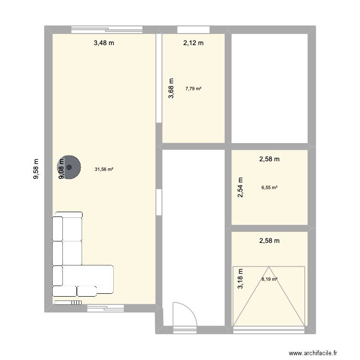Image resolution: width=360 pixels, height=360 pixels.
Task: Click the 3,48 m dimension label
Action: [x=104, y=43]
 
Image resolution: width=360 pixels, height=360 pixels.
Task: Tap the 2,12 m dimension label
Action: [x=193, y=43]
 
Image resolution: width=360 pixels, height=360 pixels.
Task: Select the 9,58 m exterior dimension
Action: [x=36, y=169]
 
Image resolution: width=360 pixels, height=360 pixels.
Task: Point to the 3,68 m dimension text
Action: [x=171, y=89]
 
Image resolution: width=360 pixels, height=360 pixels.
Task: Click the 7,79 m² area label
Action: [x=193, y=88]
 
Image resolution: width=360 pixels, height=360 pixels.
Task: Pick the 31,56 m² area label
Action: [x=104, y=169]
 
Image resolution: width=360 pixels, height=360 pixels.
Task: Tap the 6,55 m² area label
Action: [x=269, y=188]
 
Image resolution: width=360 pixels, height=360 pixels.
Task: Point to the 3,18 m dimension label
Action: [x=240, y=279]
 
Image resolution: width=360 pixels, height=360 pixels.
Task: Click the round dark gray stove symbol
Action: [x=70, y=168]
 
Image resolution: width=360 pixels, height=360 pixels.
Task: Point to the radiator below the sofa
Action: [x=68, y=302]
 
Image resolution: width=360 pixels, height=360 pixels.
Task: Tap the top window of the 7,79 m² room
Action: [x=187, y=29]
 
